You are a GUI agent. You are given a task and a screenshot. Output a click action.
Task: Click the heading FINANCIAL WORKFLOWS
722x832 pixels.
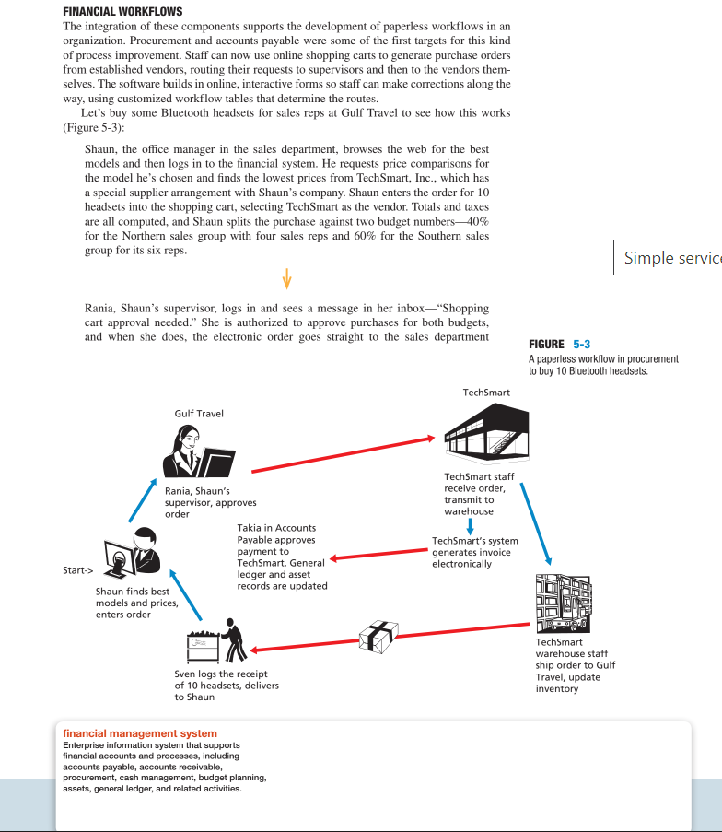tap(122, 11)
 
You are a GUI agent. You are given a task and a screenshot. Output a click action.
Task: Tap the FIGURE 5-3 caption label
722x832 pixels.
tap(560, 344)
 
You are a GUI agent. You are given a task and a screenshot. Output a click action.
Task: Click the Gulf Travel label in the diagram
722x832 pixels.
tap(198, 414)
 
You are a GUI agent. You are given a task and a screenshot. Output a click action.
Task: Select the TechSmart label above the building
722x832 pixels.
tap(486, 393)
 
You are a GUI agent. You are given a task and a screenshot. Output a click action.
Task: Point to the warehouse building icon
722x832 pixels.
tap(561, 603)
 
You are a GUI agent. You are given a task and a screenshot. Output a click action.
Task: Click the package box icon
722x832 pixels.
tap(378, 635)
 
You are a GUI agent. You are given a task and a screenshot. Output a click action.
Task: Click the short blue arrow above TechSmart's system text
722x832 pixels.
tap(471, 526)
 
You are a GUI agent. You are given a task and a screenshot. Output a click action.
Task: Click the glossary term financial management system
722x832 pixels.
tap(139, 733)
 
